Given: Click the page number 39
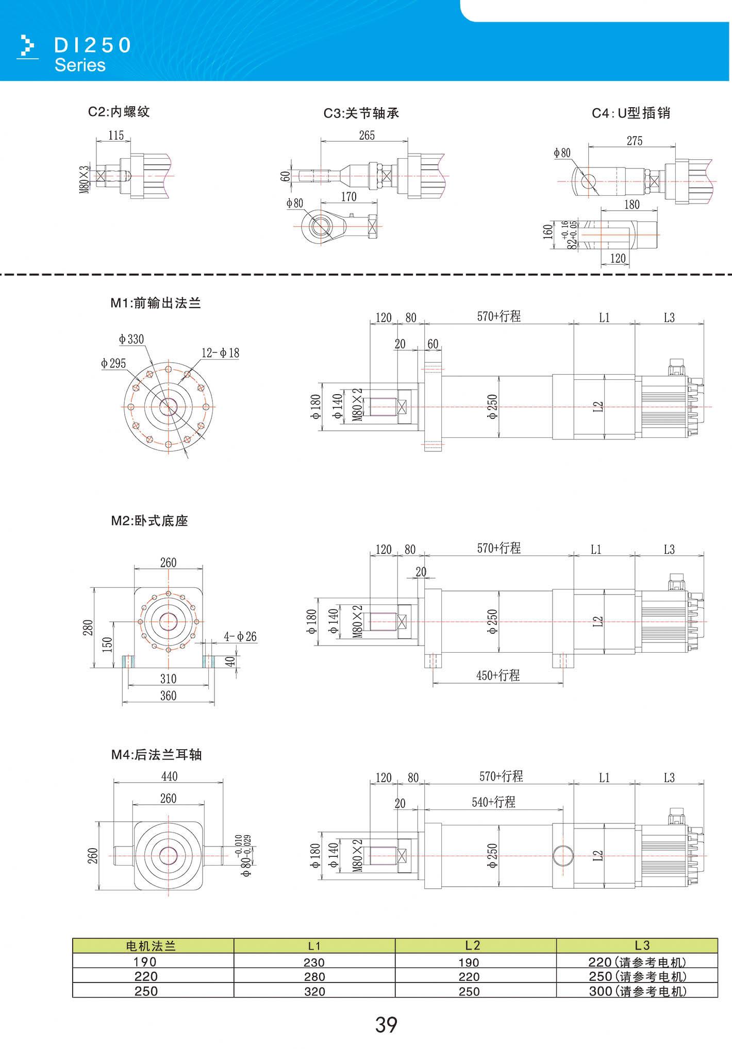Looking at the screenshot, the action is (386, 1024).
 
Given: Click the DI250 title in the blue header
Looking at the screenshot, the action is (93, 45).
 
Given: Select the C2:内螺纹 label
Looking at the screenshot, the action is (119, 112).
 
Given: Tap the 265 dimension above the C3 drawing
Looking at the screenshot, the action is (367, 135).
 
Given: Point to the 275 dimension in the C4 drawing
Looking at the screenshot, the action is (635, 141).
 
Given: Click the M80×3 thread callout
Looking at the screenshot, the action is (84, 179).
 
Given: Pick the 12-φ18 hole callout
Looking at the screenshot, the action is (220, 353).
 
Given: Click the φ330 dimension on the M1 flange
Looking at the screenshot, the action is (131, 339).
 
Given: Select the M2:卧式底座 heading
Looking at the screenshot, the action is (149, 521).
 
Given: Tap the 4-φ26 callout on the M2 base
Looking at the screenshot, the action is (240, 636).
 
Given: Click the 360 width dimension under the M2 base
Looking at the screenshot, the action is (168, 696).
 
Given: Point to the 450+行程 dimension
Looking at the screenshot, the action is (498, 675).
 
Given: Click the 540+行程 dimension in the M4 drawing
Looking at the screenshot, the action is (493, 802).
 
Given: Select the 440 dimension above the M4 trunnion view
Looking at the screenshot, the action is (169, 776).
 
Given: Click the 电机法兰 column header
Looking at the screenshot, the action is (151, 946).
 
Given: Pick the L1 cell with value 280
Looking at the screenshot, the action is (314, 976).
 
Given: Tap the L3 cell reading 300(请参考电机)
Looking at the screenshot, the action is (638, 991).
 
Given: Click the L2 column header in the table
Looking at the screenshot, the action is (472, 945).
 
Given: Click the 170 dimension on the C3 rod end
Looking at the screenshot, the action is (348, 197).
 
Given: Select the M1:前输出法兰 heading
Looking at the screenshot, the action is (156, 303).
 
